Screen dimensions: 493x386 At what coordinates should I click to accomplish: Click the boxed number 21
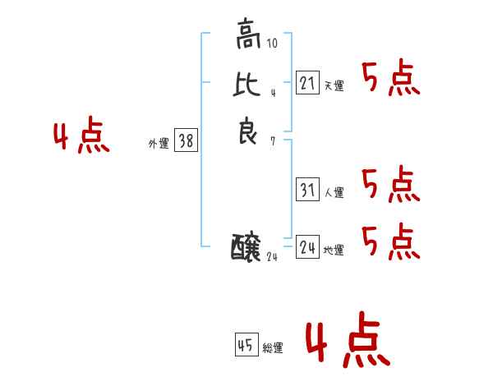pyautogui.click(x=307, y=82)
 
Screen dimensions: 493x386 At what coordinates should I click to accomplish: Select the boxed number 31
pyautogui.click(x=307, y=190)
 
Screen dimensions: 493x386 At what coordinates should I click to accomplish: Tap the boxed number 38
pyautogui.click(x=186, y=140)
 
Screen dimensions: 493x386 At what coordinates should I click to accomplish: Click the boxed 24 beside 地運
pyautogui.click(x=307, y=246)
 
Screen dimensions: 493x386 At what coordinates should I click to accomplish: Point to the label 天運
pyautogui.click(x=334, y=86)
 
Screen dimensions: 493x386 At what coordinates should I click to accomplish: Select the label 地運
pyautogui.click(x=334, y=250)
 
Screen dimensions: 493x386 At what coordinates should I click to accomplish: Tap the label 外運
pyautogui.click(x=159, y=144)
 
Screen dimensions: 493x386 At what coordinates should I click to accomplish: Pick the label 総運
pyautogui.click(x=273, y=349)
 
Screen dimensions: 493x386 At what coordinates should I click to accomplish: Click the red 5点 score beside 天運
pyautogui.click(x=391, y=80)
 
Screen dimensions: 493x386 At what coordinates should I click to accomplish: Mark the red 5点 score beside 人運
pyautogui.click(x=391, y=185)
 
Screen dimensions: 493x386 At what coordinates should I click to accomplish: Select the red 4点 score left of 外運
pyautogui.click(x=82, y=137)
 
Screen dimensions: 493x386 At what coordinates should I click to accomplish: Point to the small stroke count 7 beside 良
pyautogui.click(x=272, y=141)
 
